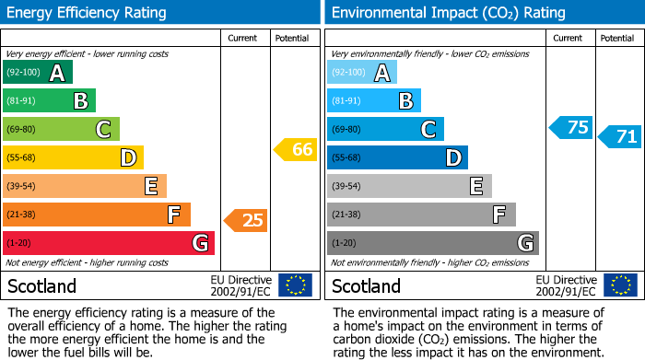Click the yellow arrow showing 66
click(296, 149)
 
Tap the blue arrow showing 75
click(570, 127)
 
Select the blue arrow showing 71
click(619, 137)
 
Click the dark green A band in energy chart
click(38, 73)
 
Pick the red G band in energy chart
click(109, 243)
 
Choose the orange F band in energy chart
click(97, 215)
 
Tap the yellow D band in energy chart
click(73, 157)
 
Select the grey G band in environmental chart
click(432, 243)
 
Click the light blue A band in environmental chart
click(362, 73)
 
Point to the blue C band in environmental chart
click(385, 129)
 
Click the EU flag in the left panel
click(295, 285)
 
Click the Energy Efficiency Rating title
click(88, 13)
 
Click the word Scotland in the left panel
click(42, 286)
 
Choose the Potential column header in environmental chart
click(617, 38)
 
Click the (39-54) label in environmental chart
click(347, 186)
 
